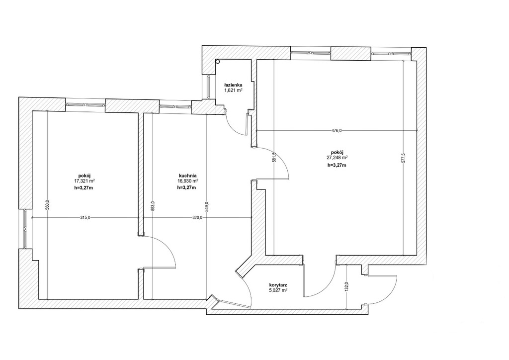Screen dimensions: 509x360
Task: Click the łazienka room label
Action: tap(234, 85)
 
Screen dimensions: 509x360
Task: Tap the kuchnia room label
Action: tap(187, 176)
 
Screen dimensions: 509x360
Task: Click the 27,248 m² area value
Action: tap(338, 158)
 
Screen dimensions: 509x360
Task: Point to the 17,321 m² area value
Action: tap(85, 181)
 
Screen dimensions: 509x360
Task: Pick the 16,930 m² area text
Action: tap(187, 181)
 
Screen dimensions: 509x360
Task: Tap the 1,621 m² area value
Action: tap(234, 90)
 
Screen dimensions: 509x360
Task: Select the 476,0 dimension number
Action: tap(337, 131)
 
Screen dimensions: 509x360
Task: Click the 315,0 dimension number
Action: tap(85, 217)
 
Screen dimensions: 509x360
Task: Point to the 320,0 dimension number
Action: tap(197, 217)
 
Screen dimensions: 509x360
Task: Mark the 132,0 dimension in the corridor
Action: tap(346, 287)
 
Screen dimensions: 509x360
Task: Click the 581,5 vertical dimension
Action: tap(274, 158)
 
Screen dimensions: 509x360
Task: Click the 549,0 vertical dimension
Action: tap(207, 206)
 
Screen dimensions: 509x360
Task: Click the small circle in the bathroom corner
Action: tap(218, 61)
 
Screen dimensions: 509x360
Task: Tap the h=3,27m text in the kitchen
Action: tap(186, 187)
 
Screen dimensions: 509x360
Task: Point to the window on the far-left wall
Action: tap(25, 229)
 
